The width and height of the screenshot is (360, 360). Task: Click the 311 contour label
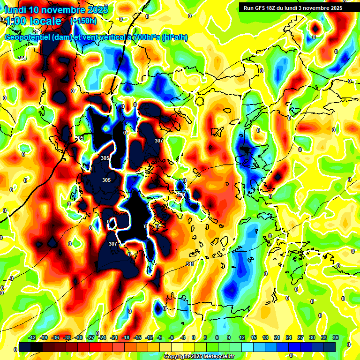tap(190, 264)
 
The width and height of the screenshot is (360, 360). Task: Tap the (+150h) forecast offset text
tap(83, 21)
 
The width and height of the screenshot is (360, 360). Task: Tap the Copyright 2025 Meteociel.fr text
tap(199, 357)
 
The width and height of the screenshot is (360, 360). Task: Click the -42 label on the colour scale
tap(32, 337)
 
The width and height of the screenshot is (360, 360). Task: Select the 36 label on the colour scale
tap(335, 337)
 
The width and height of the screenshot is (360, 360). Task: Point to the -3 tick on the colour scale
tap(182, 337)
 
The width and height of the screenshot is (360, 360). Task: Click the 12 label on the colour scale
tap(241, 337)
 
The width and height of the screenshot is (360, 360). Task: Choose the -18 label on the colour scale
tap(126, 337)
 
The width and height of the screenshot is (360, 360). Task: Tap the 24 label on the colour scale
tap(288, 337)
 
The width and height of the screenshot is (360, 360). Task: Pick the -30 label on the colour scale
tap(79, 337)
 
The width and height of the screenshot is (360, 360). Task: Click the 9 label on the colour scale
tap(229, 337)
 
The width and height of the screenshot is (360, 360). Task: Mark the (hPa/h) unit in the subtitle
tap(174, 37)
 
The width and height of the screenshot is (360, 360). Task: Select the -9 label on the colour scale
tap(159, 337)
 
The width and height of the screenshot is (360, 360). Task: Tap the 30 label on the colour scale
tap(312, 337)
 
